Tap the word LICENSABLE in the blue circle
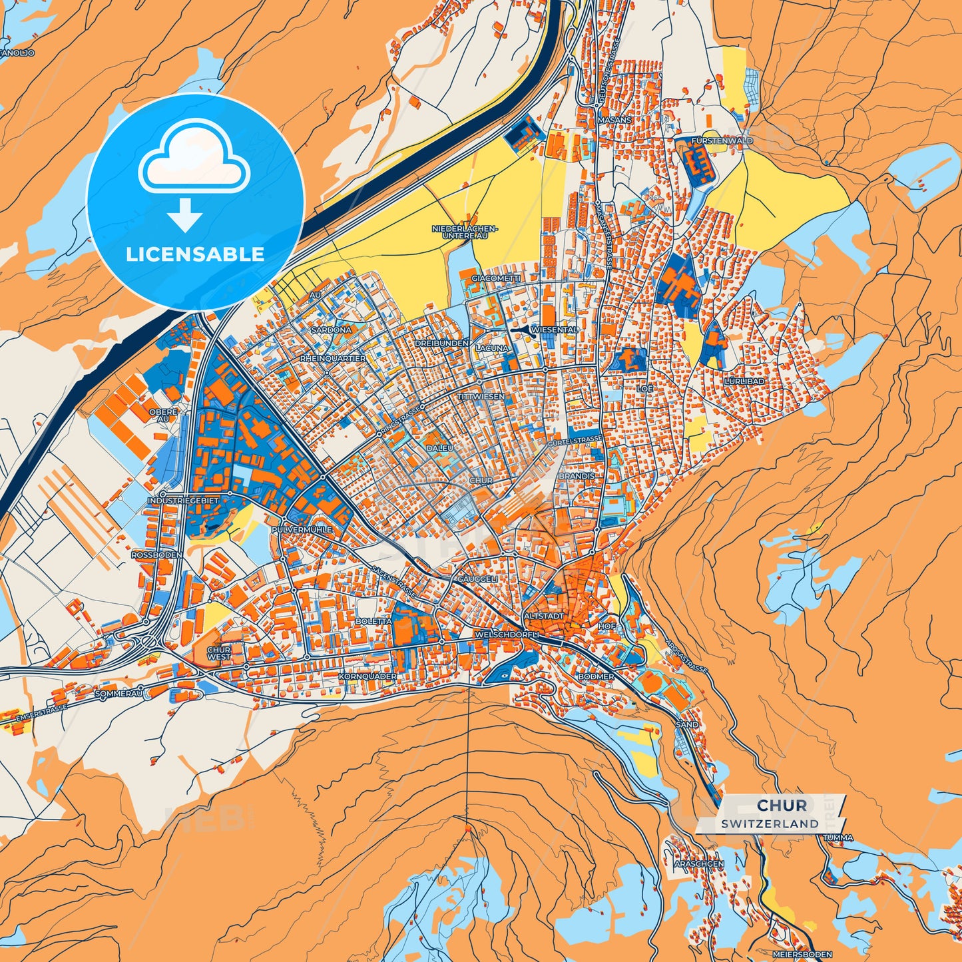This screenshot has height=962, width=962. (x=195, y=254)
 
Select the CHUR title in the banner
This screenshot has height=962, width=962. (x=782, y=806)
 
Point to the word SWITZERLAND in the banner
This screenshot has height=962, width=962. (x=770, y=824)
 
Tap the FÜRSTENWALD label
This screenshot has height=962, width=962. (x=722, y=141)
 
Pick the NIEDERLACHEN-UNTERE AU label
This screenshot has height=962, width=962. (x=465, y=232)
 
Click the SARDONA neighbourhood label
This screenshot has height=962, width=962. (x=332, y=330)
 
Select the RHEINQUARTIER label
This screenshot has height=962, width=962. (x=334, y=358)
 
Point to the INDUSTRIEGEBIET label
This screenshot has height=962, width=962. (x=183, y=499)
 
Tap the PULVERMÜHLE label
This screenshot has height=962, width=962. (x=302, y=529)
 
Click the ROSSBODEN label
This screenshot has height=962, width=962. (x=156, y=555)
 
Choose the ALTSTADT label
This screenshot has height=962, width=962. (x=544, y=616)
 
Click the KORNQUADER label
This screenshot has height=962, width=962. (x=367, y=676)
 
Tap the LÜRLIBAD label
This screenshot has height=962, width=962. (x=744, y=381)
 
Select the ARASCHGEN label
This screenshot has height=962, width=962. (x=699, y=863)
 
